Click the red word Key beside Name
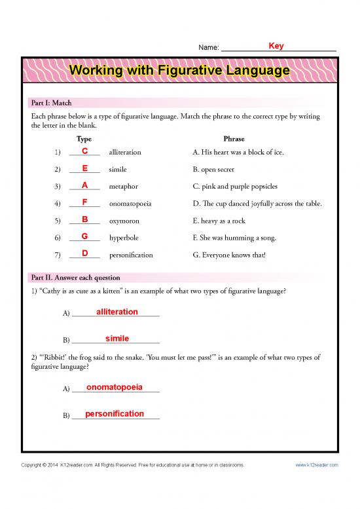coord(276,46)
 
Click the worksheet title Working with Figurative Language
coord(180,69)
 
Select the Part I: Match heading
coord(52,103)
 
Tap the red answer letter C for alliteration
coord(85,151)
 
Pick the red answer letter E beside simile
coord(85,168)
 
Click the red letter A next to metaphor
coord(85,185)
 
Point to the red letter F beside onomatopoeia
coord(85,202)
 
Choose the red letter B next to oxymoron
coord(85,219)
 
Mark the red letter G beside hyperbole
coord(85,236)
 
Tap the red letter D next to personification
coord(85,254)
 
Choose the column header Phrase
coord(234,139)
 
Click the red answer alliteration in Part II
coord(117,312)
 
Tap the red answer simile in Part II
coord(117,339)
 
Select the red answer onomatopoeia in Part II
coord(115,387)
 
